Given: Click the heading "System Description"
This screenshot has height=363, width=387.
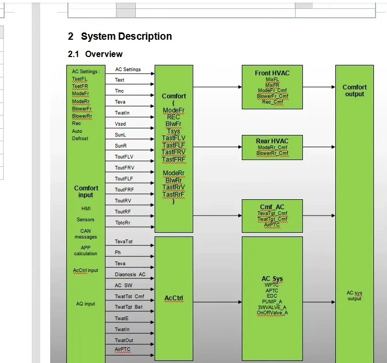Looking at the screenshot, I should (126, 37).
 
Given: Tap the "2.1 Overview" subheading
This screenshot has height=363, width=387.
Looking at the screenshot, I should (95, 54).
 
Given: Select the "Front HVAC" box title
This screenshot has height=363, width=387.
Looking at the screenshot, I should (272, 73).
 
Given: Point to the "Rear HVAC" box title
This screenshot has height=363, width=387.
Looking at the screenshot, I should (272, 141).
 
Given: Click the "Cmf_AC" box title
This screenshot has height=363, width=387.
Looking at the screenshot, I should (272, 207).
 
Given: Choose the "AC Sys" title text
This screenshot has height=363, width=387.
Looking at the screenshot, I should (272, 278).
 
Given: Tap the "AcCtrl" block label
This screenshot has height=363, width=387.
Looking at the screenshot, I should (173, 299).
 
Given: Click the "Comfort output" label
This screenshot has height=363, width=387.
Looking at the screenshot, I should (354, 90).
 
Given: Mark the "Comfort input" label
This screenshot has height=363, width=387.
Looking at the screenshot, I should (86, 191).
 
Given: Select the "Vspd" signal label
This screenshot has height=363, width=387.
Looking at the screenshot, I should (120, 124).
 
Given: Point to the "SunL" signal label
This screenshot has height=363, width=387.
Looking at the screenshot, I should (121, 134).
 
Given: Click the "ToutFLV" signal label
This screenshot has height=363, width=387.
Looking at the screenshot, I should (124, 156).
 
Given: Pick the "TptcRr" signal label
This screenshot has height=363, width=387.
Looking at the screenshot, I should (123, 222).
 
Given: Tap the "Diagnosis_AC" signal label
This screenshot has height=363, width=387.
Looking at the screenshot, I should (130, 274).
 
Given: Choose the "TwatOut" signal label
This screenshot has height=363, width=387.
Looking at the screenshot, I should (124, 340).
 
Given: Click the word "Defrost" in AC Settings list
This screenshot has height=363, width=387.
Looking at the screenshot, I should (80, 139).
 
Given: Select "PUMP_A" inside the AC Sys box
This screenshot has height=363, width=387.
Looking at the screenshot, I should (272, 301).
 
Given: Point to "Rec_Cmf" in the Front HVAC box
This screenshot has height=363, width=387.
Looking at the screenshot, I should (272, 102).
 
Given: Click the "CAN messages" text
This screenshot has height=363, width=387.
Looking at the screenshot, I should (86, 234).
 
